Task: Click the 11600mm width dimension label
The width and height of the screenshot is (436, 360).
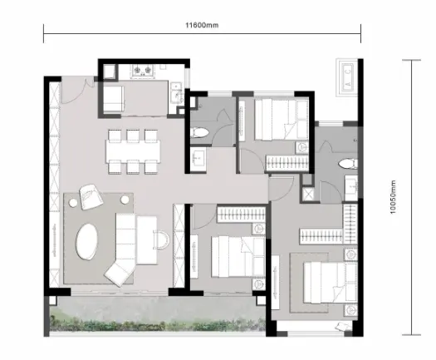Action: coord(202,25)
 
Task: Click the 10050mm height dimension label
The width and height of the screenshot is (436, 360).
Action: coord(392,197)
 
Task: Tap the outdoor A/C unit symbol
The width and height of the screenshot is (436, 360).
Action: coord(347,77)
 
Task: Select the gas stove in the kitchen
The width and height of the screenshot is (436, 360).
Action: coord(143,71)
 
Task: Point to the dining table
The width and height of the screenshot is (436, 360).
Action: coord(133,152)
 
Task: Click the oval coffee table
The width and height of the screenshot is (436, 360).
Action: coord(87,241)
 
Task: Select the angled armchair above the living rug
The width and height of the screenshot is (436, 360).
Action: coord(91,196)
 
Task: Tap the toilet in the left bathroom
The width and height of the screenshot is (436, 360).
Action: coord(200,132)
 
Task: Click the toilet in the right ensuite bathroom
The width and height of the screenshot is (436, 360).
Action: coord(348,164)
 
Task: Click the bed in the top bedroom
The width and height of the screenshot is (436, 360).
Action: coord(282,120)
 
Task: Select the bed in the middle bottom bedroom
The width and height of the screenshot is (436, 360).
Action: coord(238,257)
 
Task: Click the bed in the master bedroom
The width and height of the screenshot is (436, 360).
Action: coord(331,283)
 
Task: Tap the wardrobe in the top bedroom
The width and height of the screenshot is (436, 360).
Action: coord(287,162)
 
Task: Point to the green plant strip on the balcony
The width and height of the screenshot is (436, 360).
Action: coord(158,324)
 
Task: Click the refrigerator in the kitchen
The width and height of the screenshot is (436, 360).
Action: coord(114,98)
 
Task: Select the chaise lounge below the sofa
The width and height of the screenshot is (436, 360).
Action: coord(120,273)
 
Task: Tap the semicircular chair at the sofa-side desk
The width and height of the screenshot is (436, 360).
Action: coord(161,239)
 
